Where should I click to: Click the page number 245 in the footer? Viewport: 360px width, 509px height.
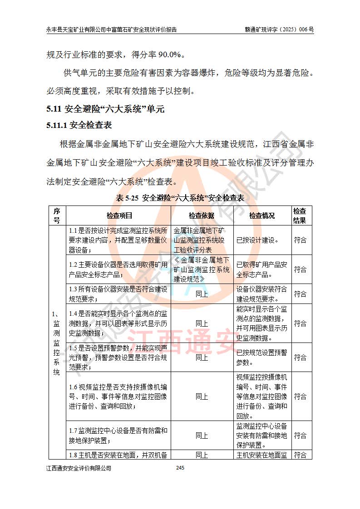click(180, 468)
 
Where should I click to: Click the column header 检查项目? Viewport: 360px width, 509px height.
click(119, 215)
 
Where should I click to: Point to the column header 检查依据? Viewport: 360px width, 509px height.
click(202, 215)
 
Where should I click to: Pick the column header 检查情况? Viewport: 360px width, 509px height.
click(262, 215)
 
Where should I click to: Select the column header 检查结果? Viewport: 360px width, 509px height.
click(299, 215)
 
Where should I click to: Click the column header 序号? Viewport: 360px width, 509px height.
click(57, 215)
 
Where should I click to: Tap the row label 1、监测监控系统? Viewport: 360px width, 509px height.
click(57, 343)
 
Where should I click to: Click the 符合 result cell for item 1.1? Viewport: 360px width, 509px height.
click(300, 240)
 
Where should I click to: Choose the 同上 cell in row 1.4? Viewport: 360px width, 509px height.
click(202, 323)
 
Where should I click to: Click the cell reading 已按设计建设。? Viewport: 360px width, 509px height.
click(258, 240)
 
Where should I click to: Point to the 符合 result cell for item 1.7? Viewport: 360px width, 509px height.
click(300, 435)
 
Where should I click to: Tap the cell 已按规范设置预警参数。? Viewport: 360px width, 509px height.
click(261, 357)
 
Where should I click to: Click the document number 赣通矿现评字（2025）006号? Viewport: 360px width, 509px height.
click(279, 29)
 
